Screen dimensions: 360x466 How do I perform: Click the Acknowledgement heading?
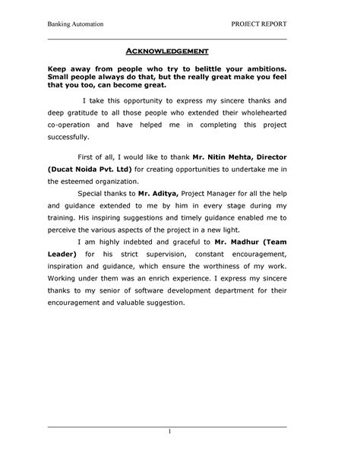click(x=167, y=51)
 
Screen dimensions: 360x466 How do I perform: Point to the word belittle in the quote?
click(x=197, y=68)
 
